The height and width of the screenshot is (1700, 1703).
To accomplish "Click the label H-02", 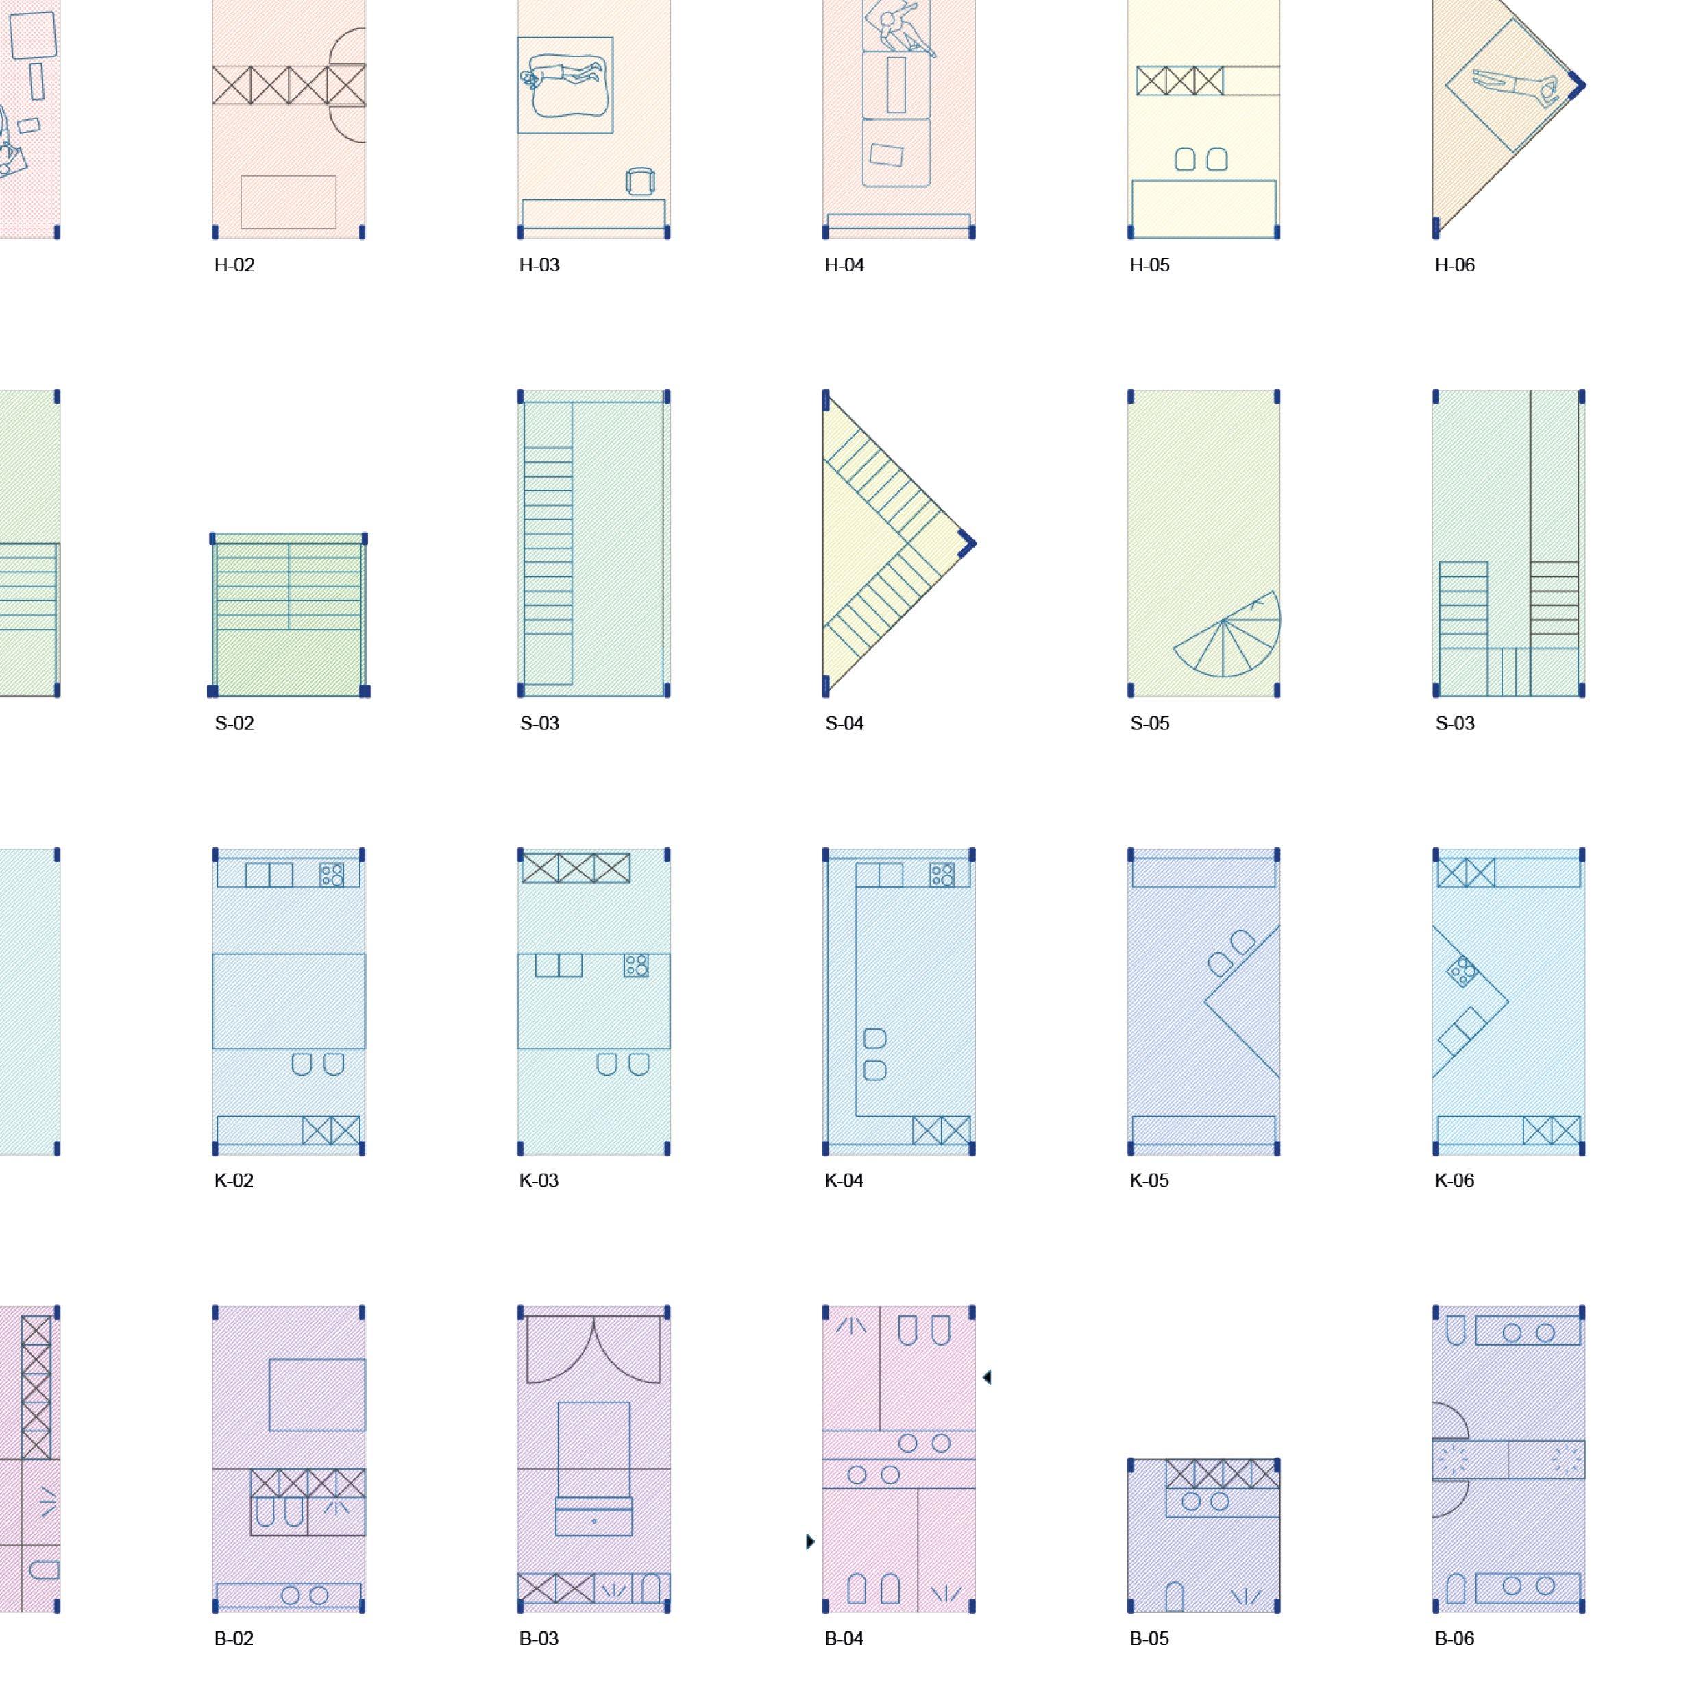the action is [x=234, y=265].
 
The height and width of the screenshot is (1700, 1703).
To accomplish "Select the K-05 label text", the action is [x=1149, y=1180].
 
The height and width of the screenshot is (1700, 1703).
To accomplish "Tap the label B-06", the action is [x=1454, y=1639].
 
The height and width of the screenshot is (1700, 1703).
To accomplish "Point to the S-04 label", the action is [x=844, y=724].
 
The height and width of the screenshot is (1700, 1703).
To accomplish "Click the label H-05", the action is [x=1149, y=265].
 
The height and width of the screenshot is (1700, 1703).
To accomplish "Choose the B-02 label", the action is [x=234, y=1639].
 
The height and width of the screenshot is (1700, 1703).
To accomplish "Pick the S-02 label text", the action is [x=234, y=724].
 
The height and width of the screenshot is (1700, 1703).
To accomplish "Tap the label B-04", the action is [x=844, y=1639].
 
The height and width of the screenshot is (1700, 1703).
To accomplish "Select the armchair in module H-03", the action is [x=640, y=181].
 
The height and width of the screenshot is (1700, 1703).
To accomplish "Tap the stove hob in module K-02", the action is [x=332, y=875].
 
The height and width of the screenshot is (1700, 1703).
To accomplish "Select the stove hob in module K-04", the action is [x=942, y=875].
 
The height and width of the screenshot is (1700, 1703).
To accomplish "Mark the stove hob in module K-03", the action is [x=635, y=964].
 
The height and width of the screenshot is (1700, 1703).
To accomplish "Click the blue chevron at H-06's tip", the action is [x=1577, y=86].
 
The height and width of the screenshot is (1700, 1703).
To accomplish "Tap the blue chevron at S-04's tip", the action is [x=967, y=543].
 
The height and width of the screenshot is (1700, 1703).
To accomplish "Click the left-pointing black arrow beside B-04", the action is [x=986, y=1377].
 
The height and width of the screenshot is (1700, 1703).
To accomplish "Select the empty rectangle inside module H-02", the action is [x=289, y=202].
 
